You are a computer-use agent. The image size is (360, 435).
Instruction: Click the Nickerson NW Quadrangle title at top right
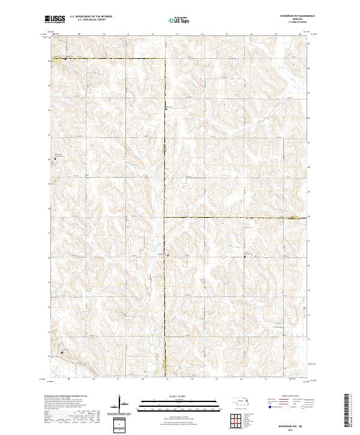291,16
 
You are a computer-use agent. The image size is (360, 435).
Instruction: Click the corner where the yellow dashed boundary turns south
165,59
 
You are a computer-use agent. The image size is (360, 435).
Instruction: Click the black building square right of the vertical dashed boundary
169,255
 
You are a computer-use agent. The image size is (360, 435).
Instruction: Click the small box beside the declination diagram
119,423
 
